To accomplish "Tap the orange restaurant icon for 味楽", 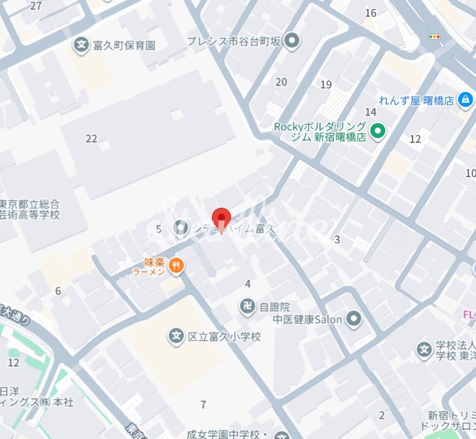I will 175,265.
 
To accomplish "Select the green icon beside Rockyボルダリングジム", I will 377,130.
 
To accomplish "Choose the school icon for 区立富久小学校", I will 176,336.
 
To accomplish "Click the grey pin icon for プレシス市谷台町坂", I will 292,41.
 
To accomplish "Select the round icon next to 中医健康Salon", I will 354,319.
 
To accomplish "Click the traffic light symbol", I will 434,37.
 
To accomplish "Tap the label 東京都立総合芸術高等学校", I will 30,208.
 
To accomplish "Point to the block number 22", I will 91,139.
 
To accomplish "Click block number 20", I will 281,82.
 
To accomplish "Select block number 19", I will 326,85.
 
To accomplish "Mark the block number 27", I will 36,6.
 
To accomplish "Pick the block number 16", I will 370,13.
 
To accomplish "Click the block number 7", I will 203,404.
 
